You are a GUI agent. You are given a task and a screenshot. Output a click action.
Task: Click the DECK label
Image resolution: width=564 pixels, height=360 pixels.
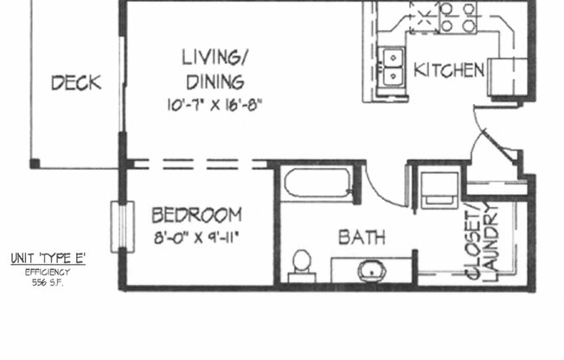(x=76, y=84)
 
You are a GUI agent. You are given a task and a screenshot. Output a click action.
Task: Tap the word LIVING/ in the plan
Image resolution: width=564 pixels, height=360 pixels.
(x=215, y=59)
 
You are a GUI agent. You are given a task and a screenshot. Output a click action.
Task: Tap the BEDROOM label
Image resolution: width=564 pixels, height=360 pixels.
(x=196, y=215)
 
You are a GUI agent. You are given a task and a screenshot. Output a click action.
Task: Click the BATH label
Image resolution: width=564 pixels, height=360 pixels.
(x=362, y=236)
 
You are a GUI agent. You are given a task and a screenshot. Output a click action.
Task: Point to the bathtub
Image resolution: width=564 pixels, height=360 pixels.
(x=317, y=183)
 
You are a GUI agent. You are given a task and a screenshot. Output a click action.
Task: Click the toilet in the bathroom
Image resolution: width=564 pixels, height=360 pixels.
(x=302, y=263)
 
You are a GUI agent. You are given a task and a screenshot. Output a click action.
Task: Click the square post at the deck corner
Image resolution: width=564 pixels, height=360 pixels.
(x=35, y=163)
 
